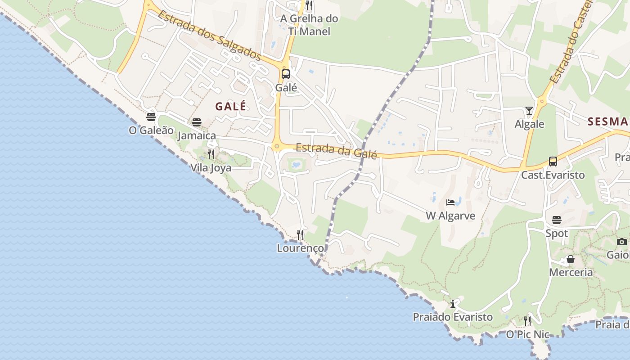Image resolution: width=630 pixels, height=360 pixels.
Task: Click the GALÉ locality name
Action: coord(230,107)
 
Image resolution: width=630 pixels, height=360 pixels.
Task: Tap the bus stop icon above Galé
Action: coord(286,74)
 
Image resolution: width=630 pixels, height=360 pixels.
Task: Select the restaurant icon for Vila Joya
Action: coord(211,155)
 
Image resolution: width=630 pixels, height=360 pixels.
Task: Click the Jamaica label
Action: coord(197,135)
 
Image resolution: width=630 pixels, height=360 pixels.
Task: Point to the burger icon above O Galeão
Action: coord(151,117)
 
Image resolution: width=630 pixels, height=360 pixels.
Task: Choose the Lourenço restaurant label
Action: coord(300,248)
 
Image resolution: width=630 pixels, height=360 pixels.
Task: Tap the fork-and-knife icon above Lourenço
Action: coord(300,234)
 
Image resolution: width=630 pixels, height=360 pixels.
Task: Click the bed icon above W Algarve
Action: coord(450,202)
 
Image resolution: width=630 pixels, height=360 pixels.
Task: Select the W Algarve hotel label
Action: coord(450,216)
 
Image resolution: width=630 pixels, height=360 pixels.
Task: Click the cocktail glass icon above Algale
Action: coord(529,111)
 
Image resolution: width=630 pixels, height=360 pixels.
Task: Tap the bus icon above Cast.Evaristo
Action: coord(553,162)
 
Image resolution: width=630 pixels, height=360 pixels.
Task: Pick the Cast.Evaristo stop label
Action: coord(553,175)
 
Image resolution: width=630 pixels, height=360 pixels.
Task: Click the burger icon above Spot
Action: coord(557,220)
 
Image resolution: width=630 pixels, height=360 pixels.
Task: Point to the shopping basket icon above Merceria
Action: coord(571,259)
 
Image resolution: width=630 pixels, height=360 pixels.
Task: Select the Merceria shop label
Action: coord(571,272)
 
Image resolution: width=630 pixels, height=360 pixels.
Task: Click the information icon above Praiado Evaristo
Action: coord(453,304)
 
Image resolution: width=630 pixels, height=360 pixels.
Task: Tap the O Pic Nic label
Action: coord(528,334)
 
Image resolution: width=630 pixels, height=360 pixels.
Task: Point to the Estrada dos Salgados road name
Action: coord(209,35)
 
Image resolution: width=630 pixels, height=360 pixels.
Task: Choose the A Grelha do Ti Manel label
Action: coord(309,25)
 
